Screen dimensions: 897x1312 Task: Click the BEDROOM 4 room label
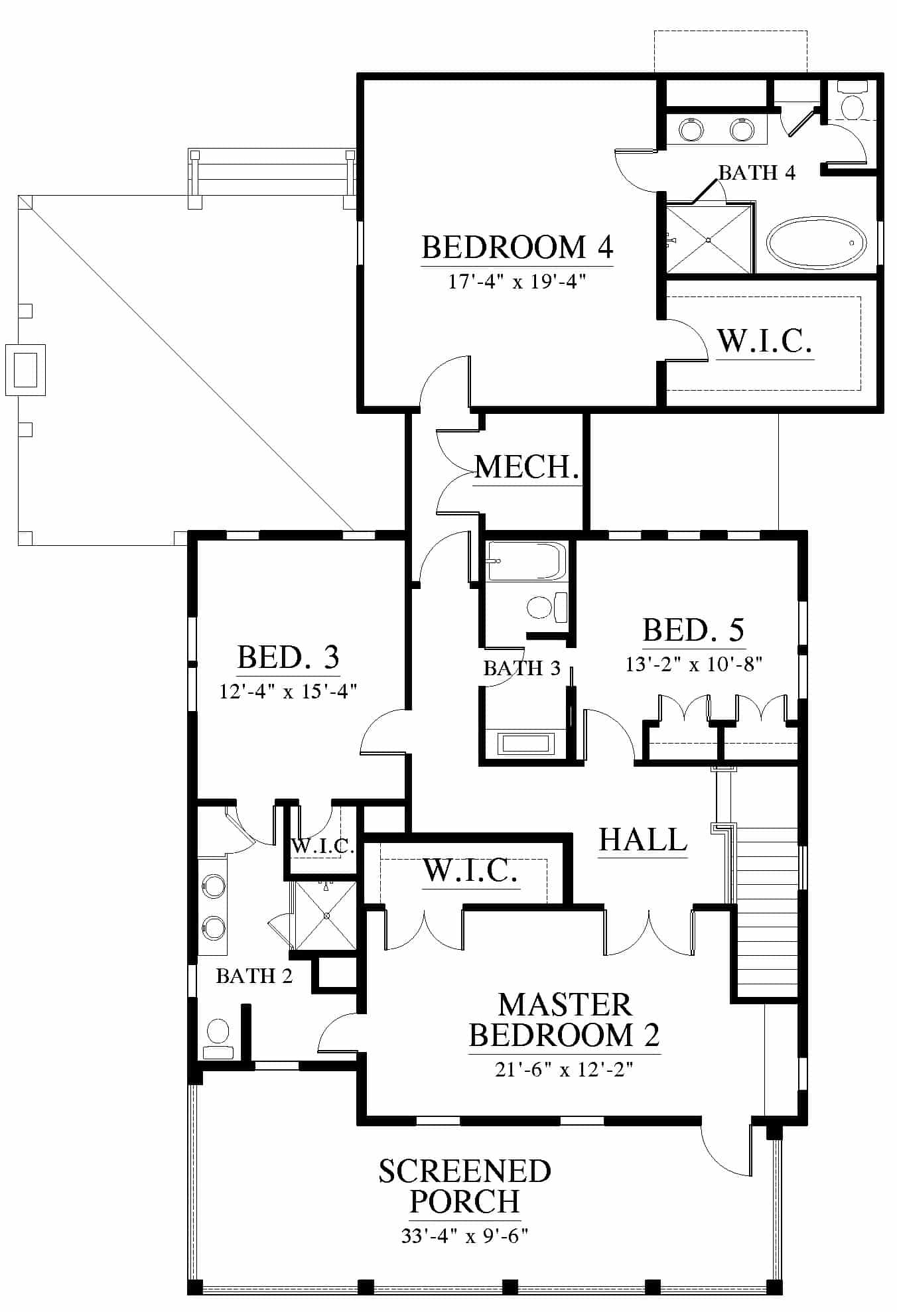coord(517,247)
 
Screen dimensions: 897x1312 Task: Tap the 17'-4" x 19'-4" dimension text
coord(517,281)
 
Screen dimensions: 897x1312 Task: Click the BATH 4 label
coord(757,172)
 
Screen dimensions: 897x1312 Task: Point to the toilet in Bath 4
coord(851,100)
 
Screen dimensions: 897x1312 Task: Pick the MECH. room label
coord(527,467)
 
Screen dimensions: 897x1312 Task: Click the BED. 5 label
coord(693,630)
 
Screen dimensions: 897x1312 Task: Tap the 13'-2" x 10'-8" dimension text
coord(693,664)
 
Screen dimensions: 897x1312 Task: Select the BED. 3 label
coord(288,657)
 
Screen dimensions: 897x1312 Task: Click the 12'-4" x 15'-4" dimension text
coord(288,691)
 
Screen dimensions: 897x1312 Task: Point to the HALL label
coord(643,840)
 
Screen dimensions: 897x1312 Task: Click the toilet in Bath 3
coord(547,606)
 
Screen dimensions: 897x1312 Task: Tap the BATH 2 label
coord(254,976)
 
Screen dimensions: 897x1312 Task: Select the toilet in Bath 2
coord(218,1041)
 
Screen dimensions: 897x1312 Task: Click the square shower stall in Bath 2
coord(326,915)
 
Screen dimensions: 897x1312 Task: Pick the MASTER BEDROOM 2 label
coord(565,1020)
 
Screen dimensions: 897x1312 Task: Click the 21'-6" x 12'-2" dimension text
coord(564,1069)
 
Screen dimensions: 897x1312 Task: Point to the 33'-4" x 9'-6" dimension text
coord(464,1236)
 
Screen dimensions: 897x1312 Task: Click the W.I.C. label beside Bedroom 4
coord(765,341)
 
